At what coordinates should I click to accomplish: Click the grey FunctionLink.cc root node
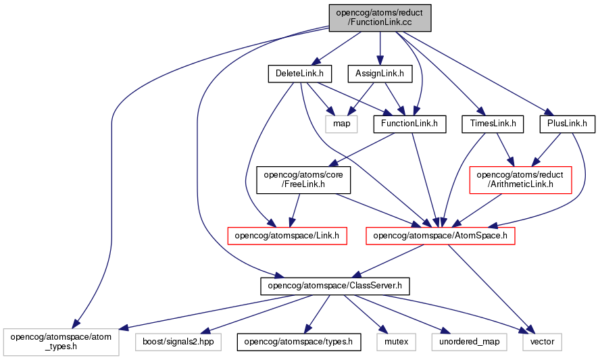[380, 18]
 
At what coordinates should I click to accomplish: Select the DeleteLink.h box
[299, 74]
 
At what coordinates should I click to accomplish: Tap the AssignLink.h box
[380, 74]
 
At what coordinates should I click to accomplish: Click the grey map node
[341, 124]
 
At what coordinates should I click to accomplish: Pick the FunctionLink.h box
[409, 124]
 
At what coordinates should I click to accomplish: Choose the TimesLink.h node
[493, 124]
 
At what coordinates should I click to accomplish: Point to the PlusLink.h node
[567, 124]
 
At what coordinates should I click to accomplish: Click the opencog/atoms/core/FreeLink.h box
[303, 180]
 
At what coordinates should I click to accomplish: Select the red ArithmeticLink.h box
[520, 180]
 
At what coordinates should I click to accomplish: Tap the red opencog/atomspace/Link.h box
[286, 236]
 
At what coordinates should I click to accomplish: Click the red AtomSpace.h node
[440, 236]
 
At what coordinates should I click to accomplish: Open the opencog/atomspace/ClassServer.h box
[335, 286]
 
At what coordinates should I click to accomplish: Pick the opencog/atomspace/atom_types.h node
[61, 342]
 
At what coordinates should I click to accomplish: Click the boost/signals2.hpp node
[178, 342]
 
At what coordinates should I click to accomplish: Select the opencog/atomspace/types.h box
[299, 342]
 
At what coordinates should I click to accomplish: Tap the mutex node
[396, 342]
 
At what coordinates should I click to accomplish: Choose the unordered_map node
[470, 342]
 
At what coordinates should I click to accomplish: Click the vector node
[543, 342]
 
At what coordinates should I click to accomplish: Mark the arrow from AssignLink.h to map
[361, 99]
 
